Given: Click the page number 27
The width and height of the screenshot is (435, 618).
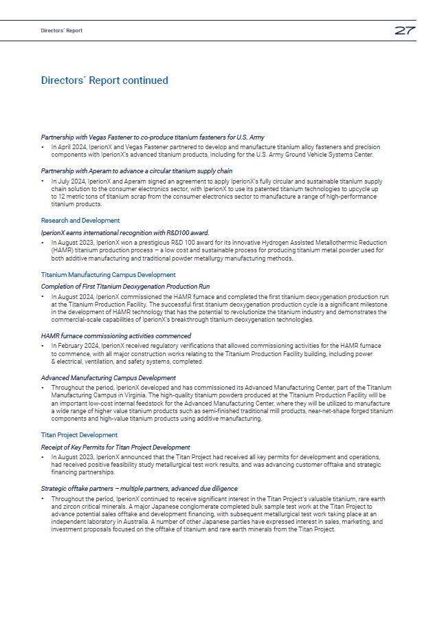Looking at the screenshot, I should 404,31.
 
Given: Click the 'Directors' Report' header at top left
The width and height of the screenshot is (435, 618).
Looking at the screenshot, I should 61,31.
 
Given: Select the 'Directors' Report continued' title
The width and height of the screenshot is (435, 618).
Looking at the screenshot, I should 104,80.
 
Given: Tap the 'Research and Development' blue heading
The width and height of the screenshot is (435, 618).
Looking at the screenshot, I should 80,221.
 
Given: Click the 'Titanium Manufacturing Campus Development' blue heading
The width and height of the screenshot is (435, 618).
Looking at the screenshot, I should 108,275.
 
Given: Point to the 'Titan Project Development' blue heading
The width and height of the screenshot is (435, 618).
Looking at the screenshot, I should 79,435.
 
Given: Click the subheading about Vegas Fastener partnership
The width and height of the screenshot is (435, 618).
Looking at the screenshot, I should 153,137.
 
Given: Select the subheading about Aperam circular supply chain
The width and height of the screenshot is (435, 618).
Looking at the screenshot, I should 137,170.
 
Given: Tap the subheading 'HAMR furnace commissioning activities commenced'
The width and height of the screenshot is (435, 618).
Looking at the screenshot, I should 116,335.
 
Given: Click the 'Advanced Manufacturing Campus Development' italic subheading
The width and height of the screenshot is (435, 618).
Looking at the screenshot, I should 108,378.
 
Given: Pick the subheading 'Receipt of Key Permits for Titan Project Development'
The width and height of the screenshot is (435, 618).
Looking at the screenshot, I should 115,448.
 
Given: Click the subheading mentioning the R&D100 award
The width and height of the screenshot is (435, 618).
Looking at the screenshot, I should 125,232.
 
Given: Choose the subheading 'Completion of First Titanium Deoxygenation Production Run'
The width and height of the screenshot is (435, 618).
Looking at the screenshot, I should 125,286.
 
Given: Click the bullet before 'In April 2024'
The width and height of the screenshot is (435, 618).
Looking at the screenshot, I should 43,147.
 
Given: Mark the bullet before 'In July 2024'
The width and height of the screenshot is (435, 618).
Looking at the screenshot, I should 43,181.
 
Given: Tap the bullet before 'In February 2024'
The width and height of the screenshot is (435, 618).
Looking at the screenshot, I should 43,345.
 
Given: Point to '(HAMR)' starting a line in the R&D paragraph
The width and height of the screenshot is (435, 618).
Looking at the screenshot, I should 63,250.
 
